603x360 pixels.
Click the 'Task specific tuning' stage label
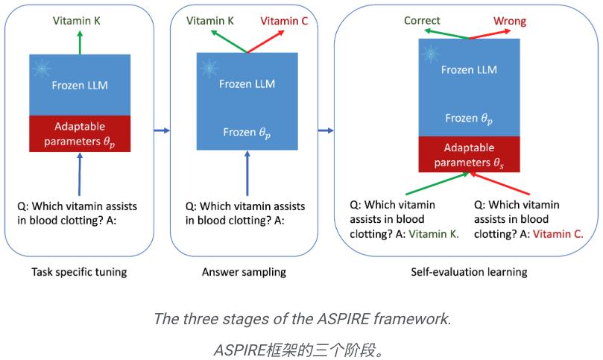(79, 272)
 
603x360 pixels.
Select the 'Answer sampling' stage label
(244, 272)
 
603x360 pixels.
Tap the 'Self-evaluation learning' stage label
(469, 272)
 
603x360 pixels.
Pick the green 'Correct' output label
(422, 21)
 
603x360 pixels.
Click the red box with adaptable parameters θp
(80, 133)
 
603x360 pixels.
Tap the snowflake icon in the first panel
(42, 68)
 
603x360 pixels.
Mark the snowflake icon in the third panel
(429, 53)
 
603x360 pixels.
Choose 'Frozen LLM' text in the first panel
(80, 85)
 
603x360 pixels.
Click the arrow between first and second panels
(162, 131)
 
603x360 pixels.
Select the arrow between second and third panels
(326, 131)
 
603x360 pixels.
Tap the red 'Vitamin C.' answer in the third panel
(558, 233)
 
